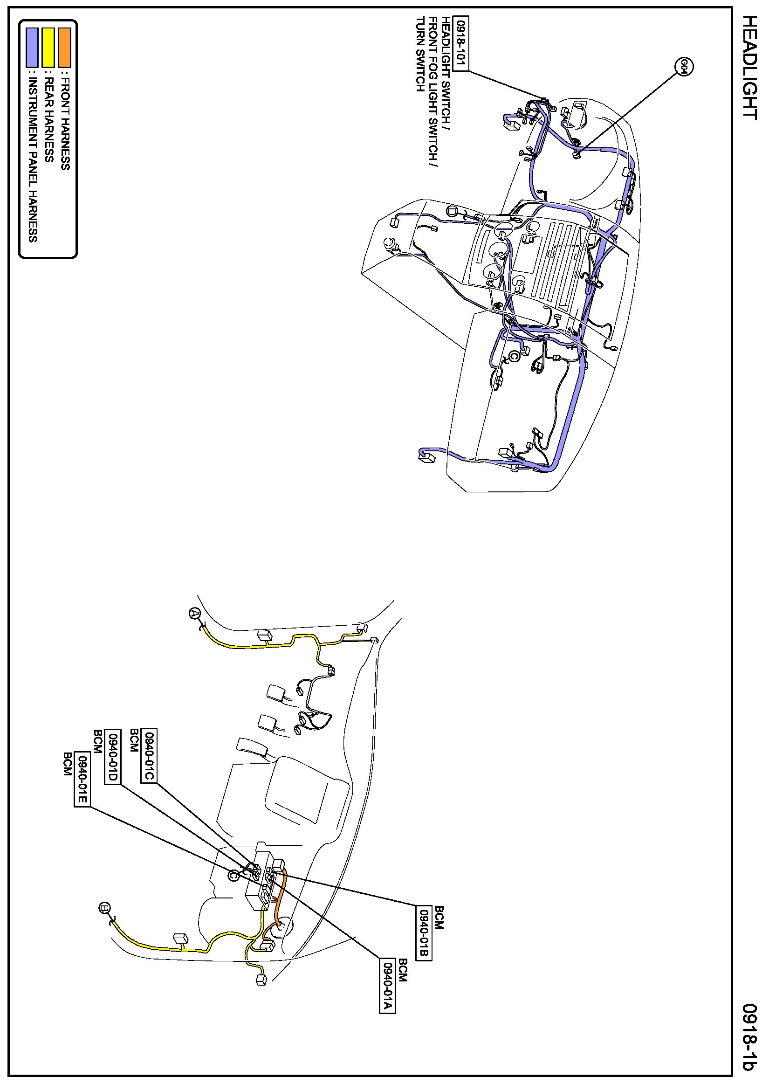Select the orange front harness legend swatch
click(65, 47)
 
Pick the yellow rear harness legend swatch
click(48, 47)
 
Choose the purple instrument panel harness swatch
click(32, 47)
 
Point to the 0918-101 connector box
click(460, 43)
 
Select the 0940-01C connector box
click(149, 755)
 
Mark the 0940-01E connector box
click(82, 779)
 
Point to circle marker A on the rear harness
click(194, 613)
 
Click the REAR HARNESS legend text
click(48, 120)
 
